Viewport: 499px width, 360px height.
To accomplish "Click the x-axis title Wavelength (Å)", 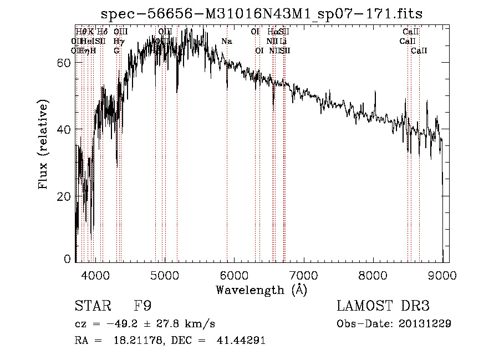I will [261, 290].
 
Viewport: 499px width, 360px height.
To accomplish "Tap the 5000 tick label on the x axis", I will [165, 273].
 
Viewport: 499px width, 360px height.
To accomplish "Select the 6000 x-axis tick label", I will [234, 273].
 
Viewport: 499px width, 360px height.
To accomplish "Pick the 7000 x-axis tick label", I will [303, 273].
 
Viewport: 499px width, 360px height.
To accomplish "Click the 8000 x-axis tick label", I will [373, 273].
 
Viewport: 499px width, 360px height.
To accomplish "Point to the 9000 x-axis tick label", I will [442, 273].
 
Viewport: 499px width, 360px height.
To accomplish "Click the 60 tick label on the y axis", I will [63, 63].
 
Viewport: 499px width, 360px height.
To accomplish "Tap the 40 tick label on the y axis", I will [63, 130].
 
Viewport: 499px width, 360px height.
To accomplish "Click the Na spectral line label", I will [227, 41].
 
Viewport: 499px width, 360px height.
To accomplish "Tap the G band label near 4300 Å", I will [116, 50].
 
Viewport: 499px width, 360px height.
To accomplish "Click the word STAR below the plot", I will [91, 306].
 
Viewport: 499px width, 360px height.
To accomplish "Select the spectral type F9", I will [142, 306].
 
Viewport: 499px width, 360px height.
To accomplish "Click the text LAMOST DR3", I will [383, 306].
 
